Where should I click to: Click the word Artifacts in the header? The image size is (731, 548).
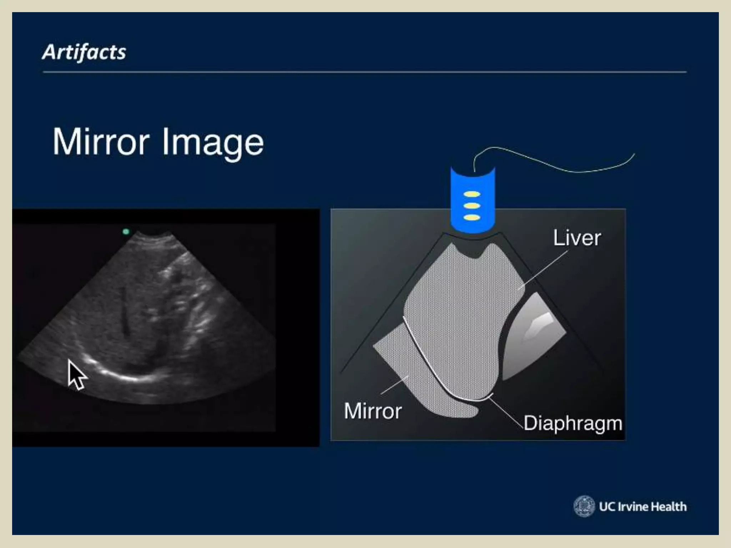pyautogui.click(x=84, y=52)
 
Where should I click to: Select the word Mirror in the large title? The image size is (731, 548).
pyautogui.click(x=101, y=142)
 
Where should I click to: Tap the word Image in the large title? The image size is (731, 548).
pyautogui.click(x=213, y=143)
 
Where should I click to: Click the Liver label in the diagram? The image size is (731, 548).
pyautogui.click(x=577, y=238)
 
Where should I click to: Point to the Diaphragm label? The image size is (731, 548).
pyautogui.click(x=573, y=423)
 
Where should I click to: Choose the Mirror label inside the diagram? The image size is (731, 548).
pyautogui.click(x=373, y=411)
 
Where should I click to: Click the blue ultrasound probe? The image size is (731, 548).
pyautogui.click(x=472, y=200)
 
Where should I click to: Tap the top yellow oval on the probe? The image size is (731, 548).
pyautogui.click(x=472, y=194)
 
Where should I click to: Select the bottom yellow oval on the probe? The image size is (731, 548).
pyautogui.click(x=472, y=217)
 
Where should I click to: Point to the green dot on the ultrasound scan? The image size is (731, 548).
pyautogui.click(x=126, y=232)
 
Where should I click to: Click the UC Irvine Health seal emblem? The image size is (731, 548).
pyautogui.click(x=584, y=506)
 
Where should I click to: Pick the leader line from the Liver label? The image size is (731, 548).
pyautogui.click(x=543, y=270)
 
